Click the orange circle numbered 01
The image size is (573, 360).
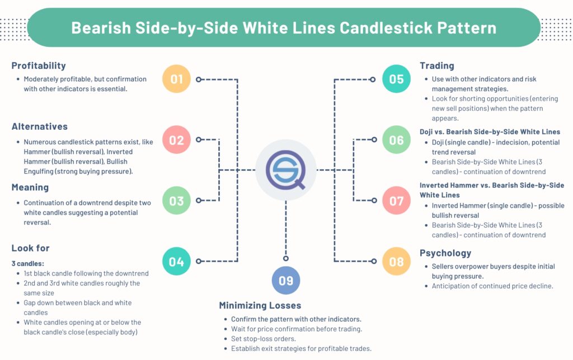pyautogui.click(x=176, y=79)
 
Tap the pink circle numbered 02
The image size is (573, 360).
pyautogui.click(x=176, y=139)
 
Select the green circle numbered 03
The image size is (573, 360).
pyautogui.click(x=176, y=200)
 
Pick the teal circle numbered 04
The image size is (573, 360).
pyautogui.click(x=176, y=261)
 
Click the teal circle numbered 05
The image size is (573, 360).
pyautogui.click(x=396, y=79)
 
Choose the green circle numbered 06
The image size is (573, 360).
pyautogui.click(x=396, y=139)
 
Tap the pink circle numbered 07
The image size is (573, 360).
pyautogui.click(x=396, y=200)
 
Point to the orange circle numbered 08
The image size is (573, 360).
pyautogui.click(x=396, y=261)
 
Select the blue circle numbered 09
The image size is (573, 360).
pyautogui.click(x=286, y=280)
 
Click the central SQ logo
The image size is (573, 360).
pyautogui.click(x=285, y=170)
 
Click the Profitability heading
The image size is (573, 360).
pyautogui.click(x=39, y=66)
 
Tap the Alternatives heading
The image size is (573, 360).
pyautogui.click(x=39, y=127)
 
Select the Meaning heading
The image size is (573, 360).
pyautogui.click(x=30, y=187)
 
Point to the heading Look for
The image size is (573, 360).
pyautogui.click(x=30, y=247)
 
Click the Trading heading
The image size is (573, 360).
pyautogui.click(x=436, y=66)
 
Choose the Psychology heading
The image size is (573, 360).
pyautogui.click(x=445, y=253)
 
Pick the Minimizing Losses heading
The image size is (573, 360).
pyautogui.click(x=260, y=306)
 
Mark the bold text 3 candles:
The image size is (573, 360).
pyautogui.click(x=28, y=263)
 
